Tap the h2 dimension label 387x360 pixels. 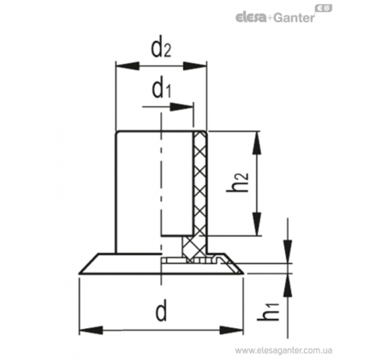click(x=237, y=183)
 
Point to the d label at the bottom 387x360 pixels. click(x=161, y=311)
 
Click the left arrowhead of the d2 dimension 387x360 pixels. click(x=128, y=66)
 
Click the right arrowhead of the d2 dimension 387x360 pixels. click(x=194, y=66)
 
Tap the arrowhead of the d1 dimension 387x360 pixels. click(x=182, y=107)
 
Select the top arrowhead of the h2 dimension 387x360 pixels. click(x=257, y=143)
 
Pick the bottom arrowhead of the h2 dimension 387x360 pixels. click(x=257, y=224)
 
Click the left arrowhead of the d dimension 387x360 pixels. click(x=91, y=330)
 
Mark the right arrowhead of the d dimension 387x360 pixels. click(x=231, y=330)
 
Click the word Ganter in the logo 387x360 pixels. click(x=294, y=18)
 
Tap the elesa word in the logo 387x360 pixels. click(x=251, y=18)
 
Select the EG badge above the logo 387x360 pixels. click(x=324, y=9)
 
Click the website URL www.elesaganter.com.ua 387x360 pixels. click(x=283, y=351)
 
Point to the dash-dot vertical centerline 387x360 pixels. click(x=161, y=199)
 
